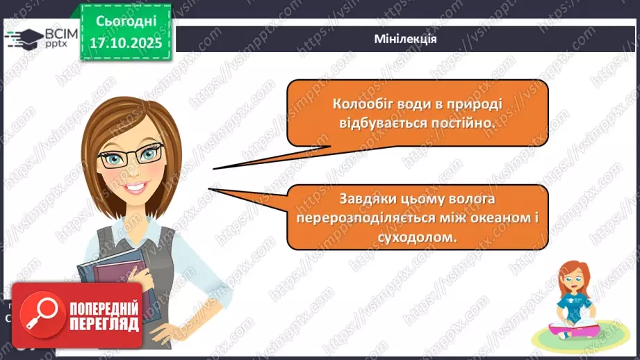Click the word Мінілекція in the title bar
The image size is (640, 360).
(x=404, y=39)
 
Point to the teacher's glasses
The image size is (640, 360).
(x=131, y=154)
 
